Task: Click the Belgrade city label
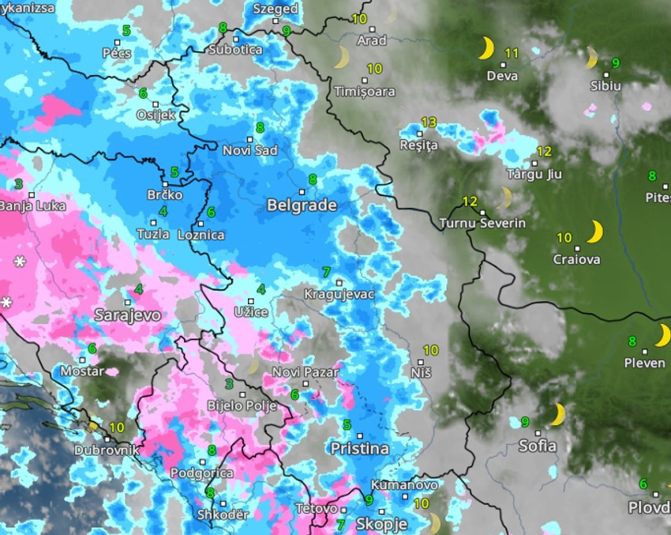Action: pyautogui.click(x=302, y=205)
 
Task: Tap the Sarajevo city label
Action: pyautogui.click(x=127, y=315)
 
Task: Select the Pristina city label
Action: pyautogui.click(x=359, y=449)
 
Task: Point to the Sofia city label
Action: pyautogui.click(x=537, y=446)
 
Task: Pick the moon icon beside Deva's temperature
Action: pyautogui.click(x=486, y=50)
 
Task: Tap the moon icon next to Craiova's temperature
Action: pyautogui.click(x=594, y=232)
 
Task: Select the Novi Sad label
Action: pyautogui.click(x=249, y=151)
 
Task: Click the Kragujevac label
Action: pyautogui.click(x=339, y=295)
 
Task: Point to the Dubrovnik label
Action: pyautogui.click(x=107, y=450)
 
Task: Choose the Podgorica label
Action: pyautogui.click(x=202, y=473)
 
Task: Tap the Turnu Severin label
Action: pyautogui.click(x=483, y=224)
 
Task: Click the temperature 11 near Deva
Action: pyautogui.click(x=512, y=54)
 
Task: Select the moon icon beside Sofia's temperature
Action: pyautogui.click(x=558, y=414)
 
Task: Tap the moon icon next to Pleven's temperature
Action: pyautogui.click(x=662, y=335)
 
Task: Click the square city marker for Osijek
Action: pyautogui.click(x=156, y=104)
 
